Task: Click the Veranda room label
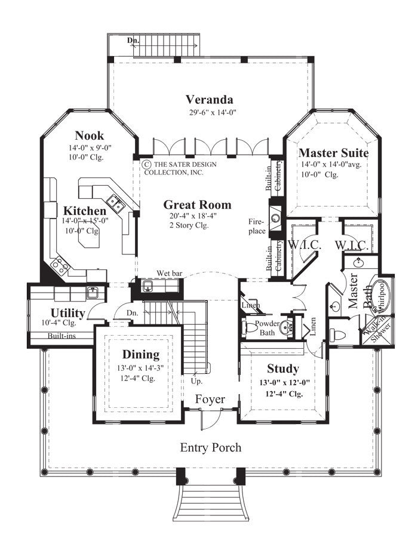209,100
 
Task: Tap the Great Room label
197,205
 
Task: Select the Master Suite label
333,153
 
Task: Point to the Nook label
89,135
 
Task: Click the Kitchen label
85,211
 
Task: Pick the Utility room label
67,313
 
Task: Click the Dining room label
141,354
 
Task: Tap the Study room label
282,368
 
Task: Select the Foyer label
210,399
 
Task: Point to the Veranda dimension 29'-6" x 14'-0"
209,112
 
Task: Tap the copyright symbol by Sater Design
145,164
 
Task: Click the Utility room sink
93,292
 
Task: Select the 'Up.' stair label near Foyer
196,380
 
